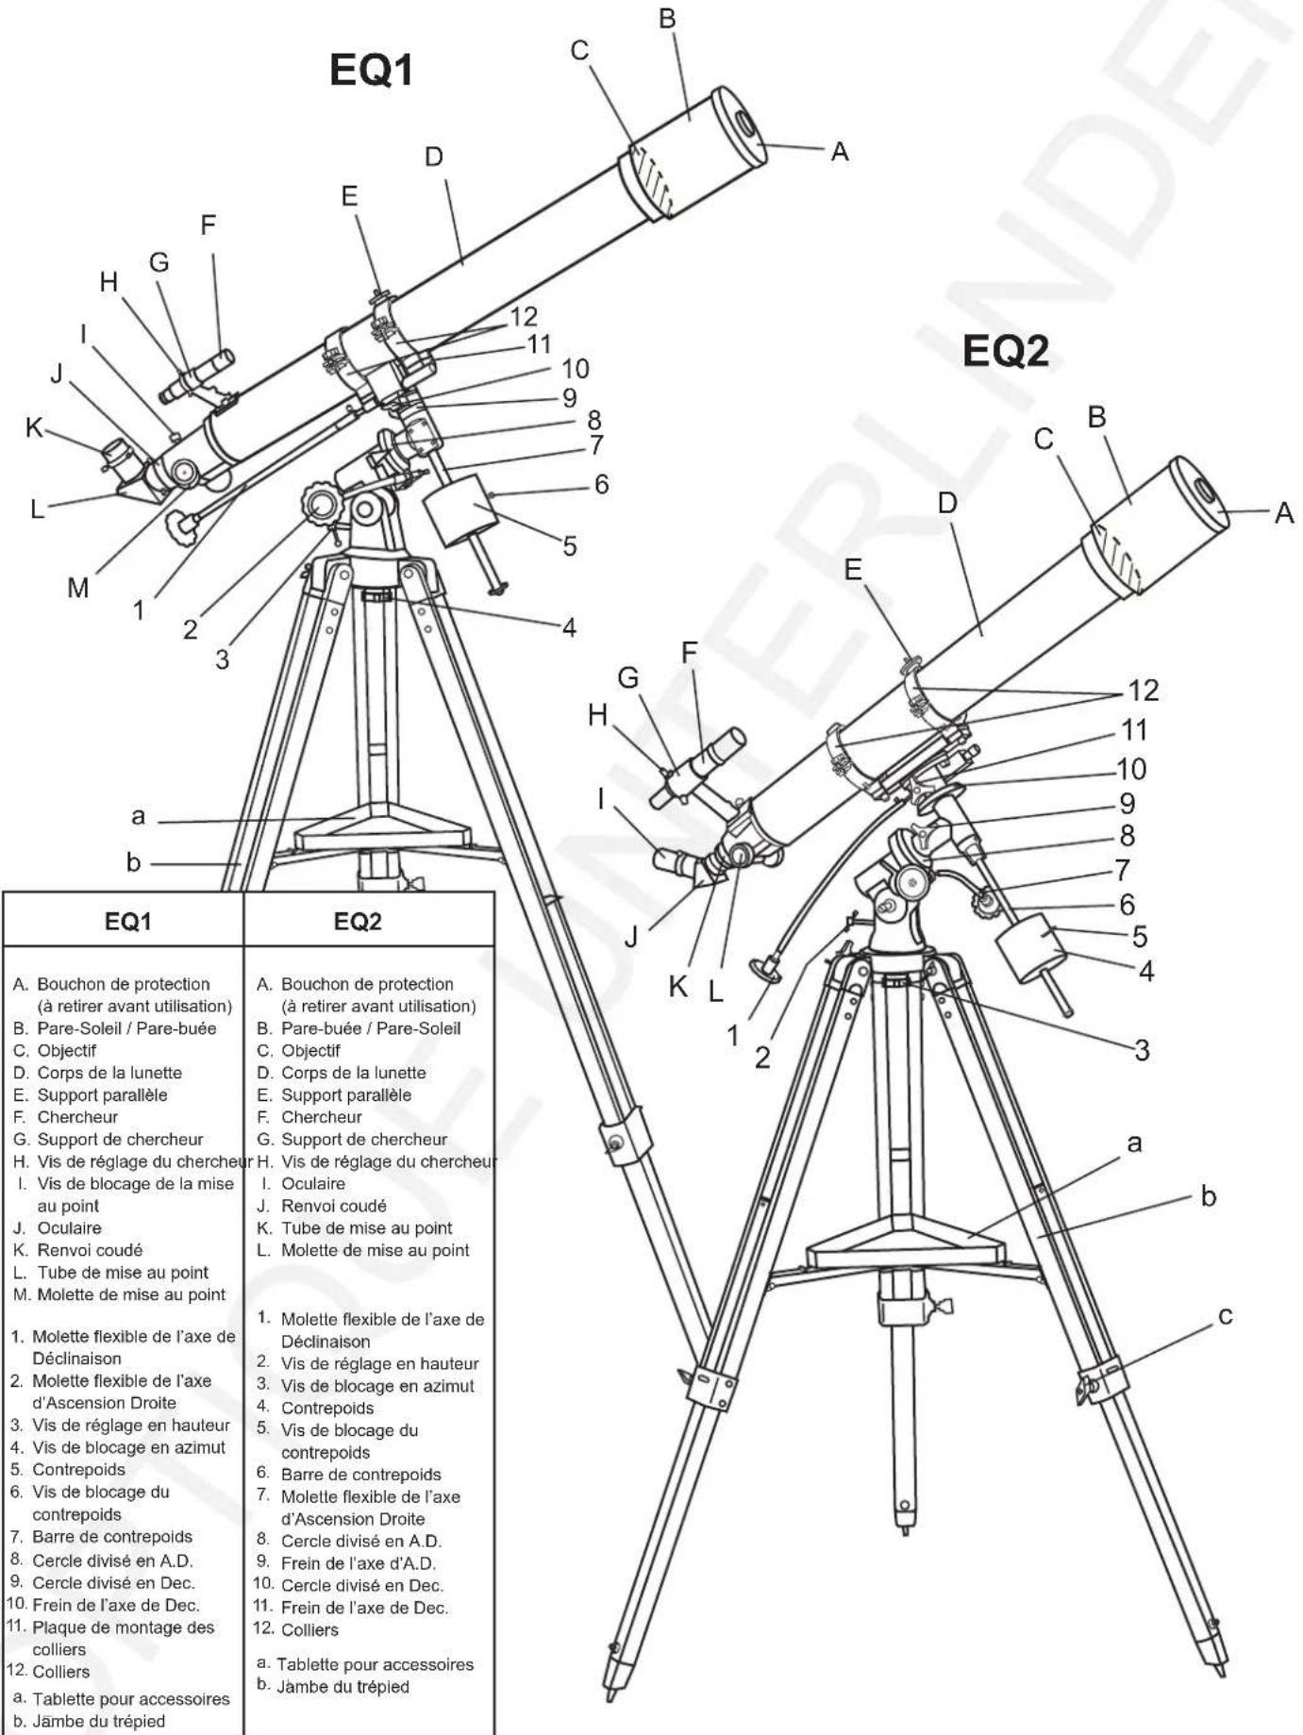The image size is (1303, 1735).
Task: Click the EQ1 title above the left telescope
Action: click(x=371, y=70)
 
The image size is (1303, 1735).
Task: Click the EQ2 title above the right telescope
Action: click(x=1005, y=352)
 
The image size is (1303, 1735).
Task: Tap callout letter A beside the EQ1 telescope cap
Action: click(x=839, y=151)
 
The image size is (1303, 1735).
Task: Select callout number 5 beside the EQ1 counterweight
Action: click(x=569, y=546)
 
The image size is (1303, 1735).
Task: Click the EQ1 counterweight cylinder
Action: click(x=460, y=510)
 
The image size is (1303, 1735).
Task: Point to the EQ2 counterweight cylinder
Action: click(x=1032, y=946)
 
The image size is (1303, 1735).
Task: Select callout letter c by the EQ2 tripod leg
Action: click(x=1225, y=1315)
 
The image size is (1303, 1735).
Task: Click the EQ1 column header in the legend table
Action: click(x=127, y=922)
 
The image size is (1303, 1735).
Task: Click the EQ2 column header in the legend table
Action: click(x=358, y=922)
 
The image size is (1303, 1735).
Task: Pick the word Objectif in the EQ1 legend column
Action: click(x=66, y=1050)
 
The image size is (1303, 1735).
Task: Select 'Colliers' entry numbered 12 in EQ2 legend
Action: click(x=309, y=1629)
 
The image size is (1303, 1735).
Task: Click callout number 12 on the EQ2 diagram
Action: click(x=1143, y=691)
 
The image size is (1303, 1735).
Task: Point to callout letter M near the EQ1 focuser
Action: click(x=77, y=588)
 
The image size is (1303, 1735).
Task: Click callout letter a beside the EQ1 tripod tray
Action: click(x=139, y=816)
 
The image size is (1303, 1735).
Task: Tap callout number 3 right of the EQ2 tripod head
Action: click(x=1142, y=1050)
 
